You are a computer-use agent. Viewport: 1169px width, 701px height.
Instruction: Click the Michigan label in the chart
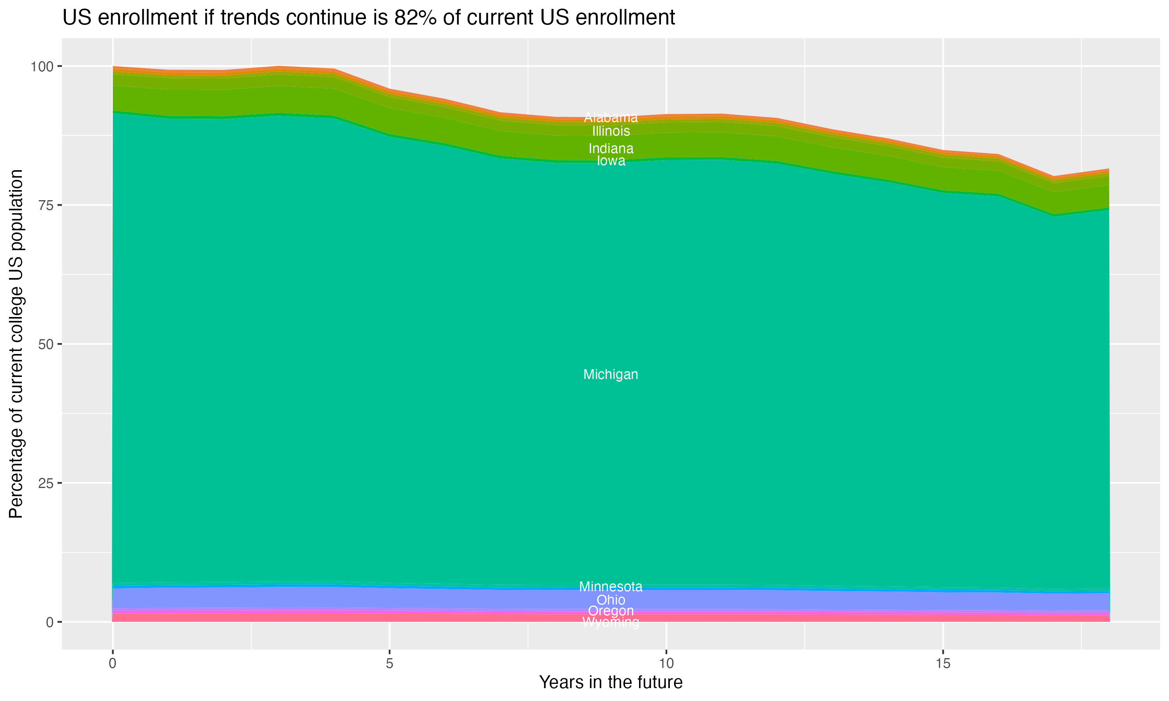pyautogui.click(x=611, y=375)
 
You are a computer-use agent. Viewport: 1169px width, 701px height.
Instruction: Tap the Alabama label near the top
pyautogui.click(x=611, y=117)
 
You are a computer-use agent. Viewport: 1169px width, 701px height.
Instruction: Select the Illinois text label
pyautogui.click(x=611, y=131)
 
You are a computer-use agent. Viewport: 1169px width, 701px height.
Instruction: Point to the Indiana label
pyautogui.click(x=611, y=148)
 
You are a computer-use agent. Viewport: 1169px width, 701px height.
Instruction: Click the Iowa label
pyautogui.click(x=611, y=161)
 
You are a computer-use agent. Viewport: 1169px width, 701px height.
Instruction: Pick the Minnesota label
pyautogui.click(x=611, y=587)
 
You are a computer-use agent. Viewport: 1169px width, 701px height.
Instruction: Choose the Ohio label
pyautogui.click(x=611, y=600)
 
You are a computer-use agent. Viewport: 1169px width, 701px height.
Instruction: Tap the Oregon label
pyautogui.click(x=611, y=611)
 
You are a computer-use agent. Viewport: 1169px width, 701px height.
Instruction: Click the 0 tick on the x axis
pyautogui.click(x=113, y=664)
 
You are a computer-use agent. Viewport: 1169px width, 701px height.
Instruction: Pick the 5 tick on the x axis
pyautogui.click(x=389, y=664)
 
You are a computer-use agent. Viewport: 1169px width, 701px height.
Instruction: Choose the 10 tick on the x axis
pyautogui.click(x=666, y=664)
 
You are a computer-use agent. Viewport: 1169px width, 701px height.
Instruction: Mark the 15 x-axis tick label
pyautogui.click(x=943, y=664)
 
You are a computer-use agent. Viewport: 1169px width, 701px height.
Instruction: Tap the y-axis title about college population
pyautogui.click(x=16, y=344)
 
